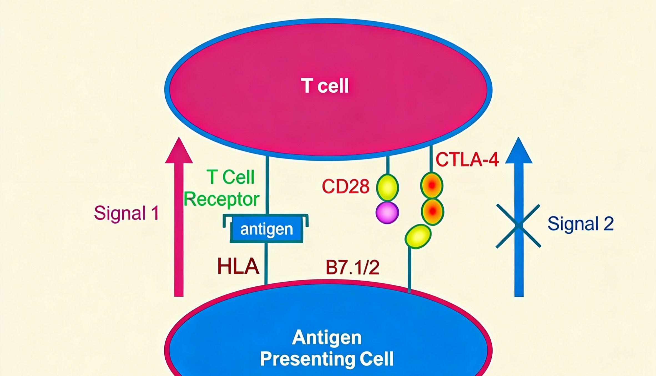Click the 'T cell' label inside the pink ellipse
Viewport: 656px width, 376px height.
pyautogui.click(x=325, y=86)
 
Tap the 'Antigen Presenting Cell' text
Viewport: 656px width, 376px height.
pyautogui.click(x=327, y=348)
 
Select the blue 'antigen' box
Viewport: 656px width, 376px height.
pyautogui.click(x=266, y=229)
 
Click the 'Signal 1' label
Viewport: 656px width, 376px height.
pyautogui.click(x=126, y=213)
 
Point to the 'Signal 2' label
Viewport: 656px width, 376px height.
pyautogui.click(x=581, y=224)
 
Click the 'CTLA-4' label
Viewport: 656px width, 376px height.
pyautogui.click(x=467, y=160)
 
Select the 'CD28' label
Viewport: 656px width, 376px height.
pyautogui.click(x=345, y=186)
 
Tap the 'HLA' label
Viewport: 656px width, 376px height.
pyautogui.click(x=238, y=266)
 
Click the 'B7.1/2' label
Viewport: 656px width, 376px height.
pyautogui.click(x=352, y=268)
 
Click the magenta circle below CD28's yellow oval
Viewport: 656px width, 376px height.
pyautogui.click(x=387, y=213)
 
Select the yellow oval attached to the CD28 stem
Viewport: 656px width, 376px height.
pyautogui.click(x=387, y=188)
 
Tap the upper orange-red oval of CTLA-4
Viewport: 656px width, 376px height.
pyautogui.click(x=432, y=185)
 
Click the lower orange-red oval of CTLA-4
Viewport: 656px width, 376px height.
pyautogui.click(x=432, y=211)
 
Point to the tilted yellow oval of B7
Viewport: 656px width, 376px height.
pyautogui.click(x=418, y=236)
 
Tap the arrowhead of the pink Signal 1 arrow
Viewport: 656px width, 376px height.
pyautogui.click(x=179, y=151)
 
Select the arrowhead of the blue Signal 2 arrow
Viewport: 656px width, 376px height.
pyautogui.click(x=518, y=151)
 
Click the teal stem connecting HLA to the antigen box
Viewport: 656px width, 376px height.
pyautogui.click(x=266, y=264)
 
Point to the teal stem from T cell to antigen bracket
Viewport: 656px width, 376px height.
pyautogui.click(x=267, y=186)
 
